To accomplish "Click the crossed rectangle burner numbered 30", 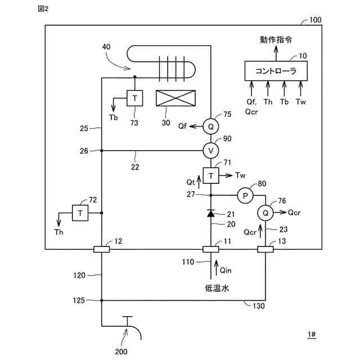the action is pos(175,98).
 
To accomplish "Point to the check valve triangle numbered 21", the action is pos(211,214).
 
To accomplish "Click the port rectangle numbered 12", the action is pos(101,249).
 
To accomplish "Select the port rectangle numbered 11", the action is pos(211,249).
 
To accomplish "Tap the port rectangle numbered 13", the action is pos(265,249).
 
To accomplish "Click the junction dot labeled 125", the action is pos(101,300).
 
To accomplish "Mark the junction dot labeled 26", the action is pos(101,151).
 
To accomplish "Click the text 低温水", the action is pos(217,288).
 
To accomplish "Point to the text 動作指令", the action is pos(276,40).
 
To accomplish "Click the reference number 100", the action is pos(316,20).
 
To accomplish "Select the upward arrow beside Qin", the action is pos(216,268).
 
